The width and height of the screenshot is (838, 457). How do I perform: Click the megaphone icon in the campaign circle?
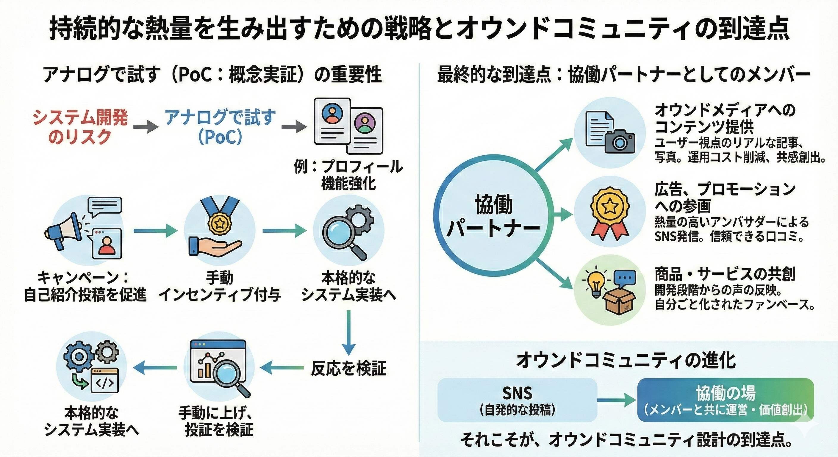click(63, 229)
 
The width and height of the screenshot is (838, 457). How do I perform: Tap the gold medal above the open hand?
click(220, 223)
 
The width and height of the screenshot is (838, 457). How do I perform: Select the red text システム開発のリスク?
click(80, 127)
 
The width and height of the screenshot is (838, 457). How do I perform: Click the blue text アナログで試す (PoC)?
click(220, 127)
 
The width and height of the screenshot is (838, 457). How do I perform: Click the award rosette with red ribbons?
click(610, 212)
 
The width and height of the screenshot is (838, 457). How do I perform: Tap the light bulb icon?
click(595, 281)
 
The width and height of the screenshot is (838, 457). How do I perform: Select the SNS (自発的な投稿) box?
click(517, 400)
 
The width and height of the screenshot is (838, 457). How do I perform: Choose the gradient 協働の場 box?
click(726, 400)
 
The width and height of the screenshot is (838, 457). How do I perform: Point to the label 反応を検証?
click(348, 368)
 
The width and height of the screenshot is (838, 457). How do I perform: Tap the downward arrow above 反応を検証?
click(348, 332)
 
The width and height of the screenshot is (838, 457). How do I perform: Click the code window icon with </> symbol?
click(105, 381)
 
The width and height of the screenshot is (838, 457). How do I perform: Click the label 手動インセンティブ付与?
click(220, 286)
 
